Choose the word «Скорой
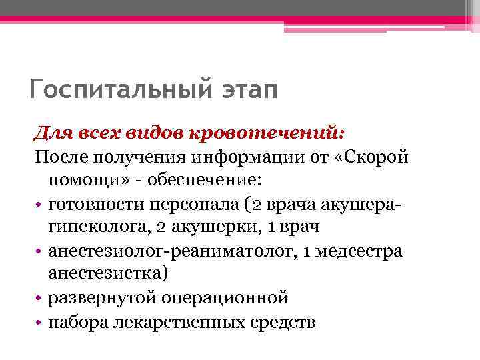[361, 157]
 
